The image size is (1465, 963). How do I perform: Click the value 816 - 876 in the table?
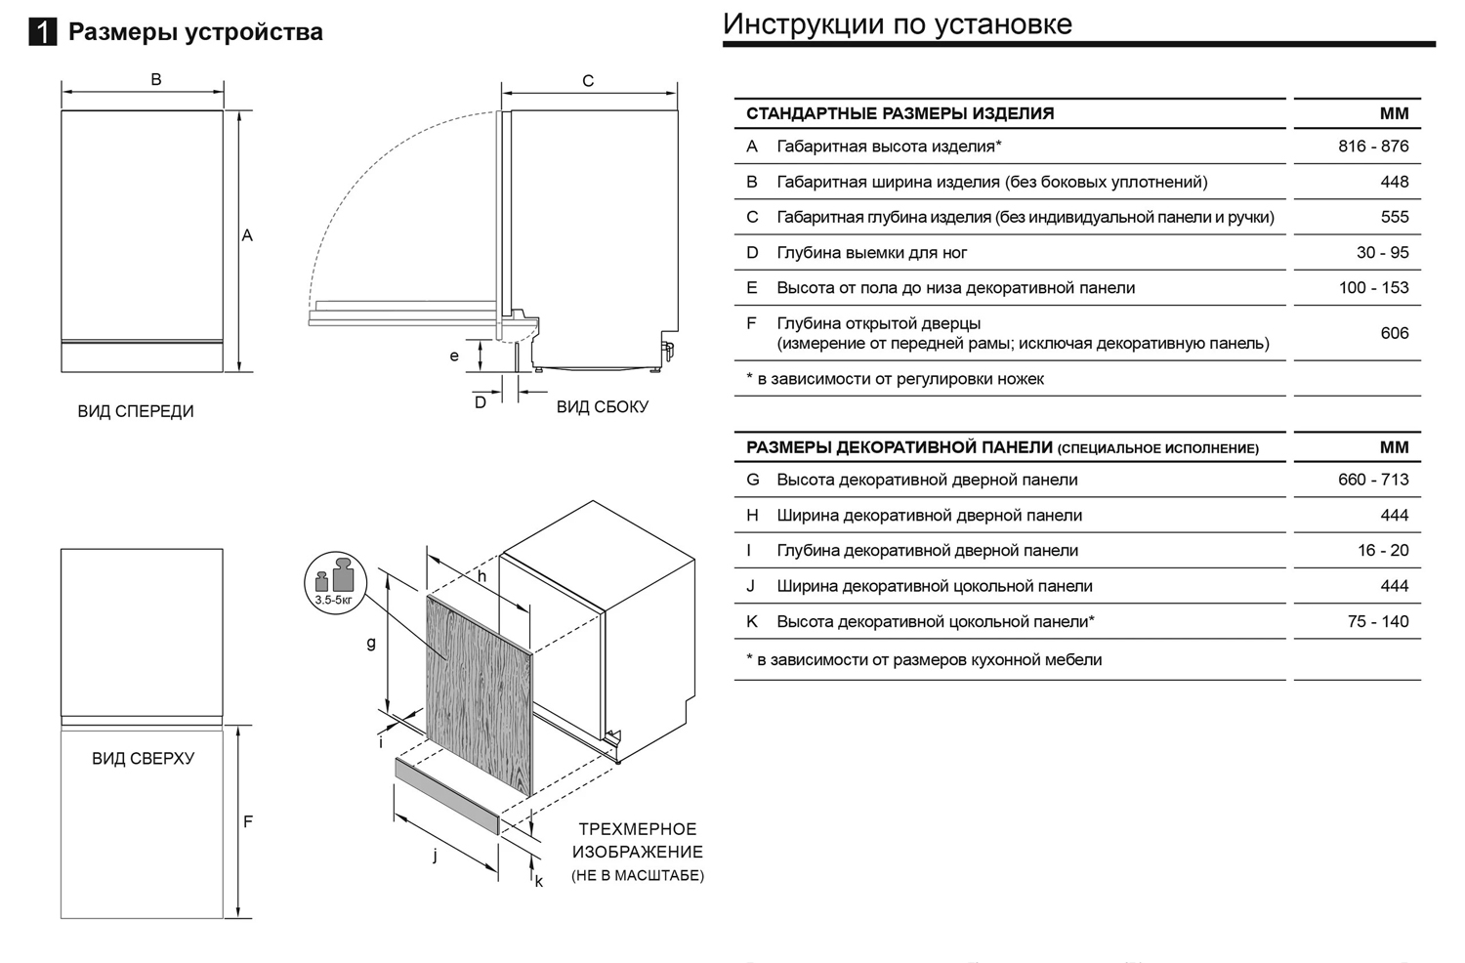click(x=1373, y=147)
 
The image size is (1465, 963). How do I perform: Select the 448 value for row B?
click(x=1395, y=182)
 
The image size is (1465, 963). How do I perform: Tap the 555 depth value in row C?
click(x=1395, y=217)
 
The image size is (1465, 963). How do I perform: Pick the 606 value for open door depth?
click(x=1395, y=333)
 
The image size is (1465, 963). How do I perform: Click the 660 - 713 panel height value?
click(x=1373, y=480)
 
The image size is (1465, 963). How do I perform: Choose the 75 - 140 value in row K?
click(x=1378, y=621)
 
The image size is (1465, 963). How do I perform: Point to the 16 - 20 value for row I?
click(x=1383, y=551)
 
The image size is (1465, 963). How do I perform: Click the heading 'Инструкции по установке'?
click(x=898, y=23)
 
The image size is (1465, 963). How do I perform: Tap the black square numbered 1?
click(x=43, y=32)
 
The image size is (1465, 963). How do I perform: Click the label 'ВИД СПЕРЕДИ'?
click(x=136, y=411)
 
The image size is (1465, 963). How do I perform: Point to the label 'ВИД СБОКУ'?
click(x=603, y=407)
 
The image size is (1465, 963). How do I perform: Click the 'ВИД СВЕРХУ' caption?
click(x=144, y=758)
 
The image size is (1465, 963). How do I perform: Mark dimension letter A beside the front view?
click(x=247, y=235)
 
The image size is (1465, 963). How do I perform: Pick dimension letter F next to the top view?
click(x=248, y=821)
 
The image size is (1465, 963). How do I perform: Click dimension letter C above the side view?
click(x=588, y=81)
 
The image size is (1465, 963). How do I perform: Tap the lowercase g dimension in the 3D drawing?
click(x=371, y=644)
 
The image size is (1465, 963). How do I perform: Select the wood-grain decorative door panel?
click(x=479, y=693)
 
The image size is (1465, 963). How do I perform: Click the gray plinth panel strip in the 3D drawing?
click(x=446, y=795)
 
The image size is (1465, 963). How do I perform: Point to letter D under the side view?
click(x=481, y=402)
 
